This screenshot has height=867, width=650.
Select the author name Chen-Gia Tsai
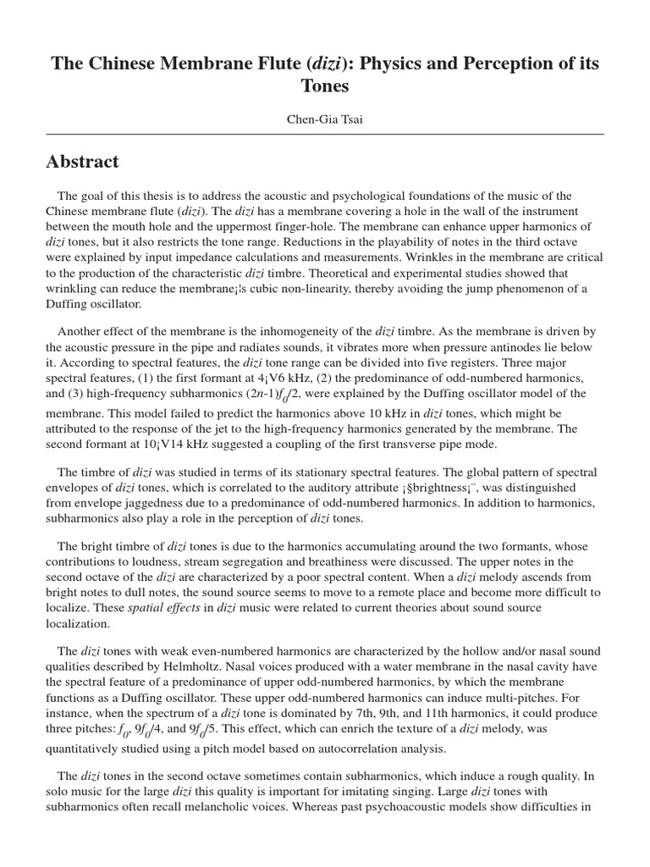coord(325,119)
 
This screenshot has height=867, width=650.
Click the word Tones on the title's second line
coord(325,86)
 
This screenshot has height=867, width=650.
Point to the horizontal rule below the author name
coord(325,135)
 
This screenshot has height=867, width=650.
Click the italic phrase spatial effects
coord(157,608)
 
